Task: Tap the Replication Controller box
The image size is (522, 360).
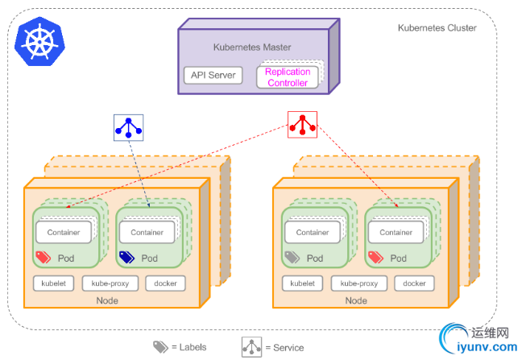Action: (287, 77)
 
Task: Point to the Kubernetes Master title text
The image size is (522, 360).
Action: (252, 47)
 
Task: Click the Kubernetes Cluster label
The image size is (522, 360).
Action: (437, 28)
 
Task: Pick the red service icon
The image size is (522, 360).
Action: (303, 125)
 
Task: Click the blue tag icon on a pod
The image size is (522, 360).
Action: (127, 258)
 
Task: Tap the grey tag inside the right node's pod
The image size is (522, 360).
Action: (292, 258)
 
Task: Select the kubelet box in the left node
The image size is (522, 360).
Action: (53, 283)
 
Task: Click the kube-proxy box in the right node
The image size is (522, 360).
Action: (358, 283)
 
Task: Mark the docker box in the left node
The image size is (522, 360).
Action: (165, 283)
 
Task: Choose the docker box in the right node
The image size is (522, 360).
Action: (414, 283)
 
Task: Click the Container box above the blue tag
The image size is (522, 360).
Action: (147, 232)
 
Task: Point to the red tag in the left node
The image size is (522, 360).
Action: (43, 258)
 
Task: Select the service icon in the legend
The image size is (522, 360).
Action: (251, 346)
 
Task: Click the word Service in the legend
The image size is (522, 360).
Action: (288, 348)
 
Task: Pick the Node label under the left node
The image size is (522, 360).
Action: (107, 300)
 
